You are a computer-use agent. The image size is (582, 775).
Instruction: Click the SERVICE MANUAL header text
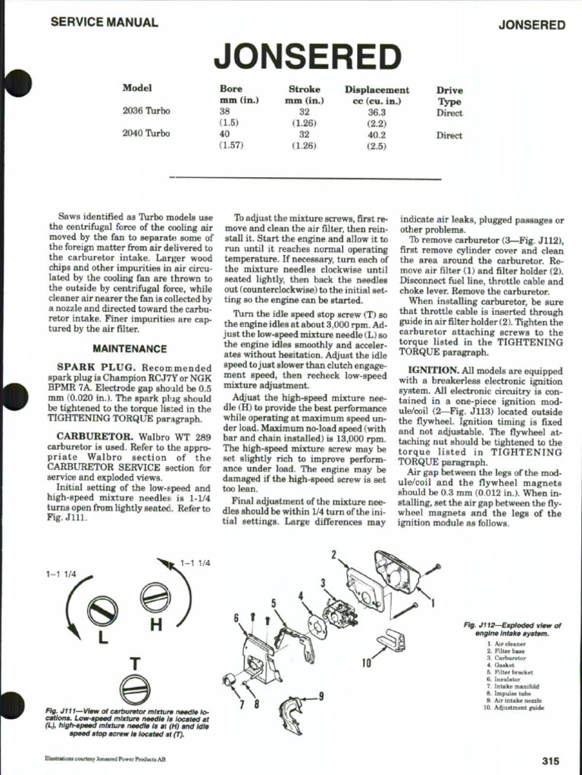(x=104, y=23)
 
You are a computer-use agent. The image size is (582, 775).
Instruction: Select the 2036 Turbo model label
(x=146, y=110)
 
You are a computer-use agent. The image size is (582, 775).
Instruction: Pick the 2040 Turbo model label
(x=146, y=133)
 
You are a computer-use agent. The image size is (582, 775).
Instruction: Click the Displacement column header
(x=377, y=89)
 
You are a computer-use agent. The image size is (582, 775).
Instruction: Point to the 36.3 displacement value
(x=377, y=110)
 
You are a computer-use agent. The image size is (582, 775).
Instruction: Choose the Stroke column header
(x=304, y=89)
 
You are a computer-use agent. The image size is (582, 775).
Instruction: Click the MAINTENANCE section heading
(x=130, y=349)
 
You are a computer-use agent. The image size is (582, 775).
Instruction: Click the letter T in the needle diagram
(x=134, y=664)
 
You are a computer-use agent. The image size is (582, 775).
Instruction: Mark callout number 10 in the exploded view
(x=367, y=664)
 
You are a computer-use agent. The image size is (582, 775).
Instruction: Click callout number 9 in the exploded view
(x=321, y=696)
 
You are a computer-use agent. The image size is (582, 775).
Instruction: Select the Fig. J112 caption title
(x=512, y=630)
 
